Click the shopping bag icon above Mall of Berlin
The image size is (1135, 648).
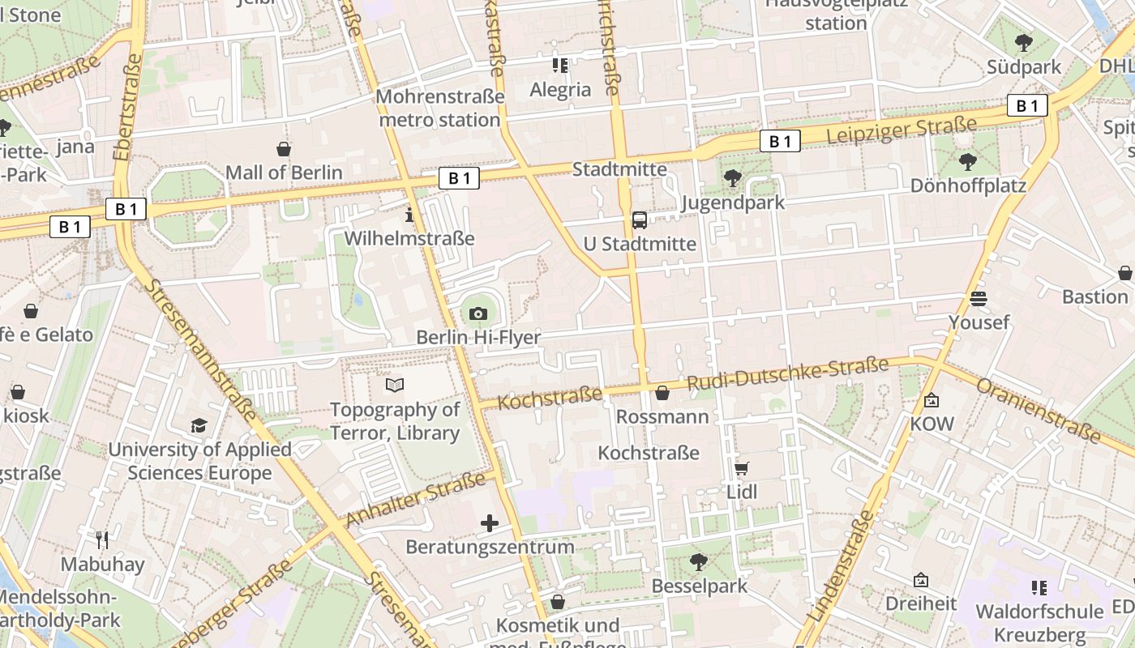(x=284, y=149)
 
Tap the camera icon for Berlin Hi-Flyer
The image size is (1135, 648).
(x=478, y=313)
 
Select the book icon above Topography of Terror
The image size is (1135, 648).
(x=395, y=386)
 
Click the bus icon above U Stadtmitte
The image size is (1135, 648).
(x=640, y=220)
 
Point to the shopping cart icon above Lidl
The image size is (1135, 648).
(x=741, y=468)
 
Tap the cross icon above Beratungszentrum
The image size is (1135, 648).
(x=490, y=523)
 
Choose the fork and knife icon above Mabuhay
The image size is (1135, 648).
(x=102, y=539)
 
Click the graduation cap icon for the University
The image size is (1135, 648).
(x=199, y=425)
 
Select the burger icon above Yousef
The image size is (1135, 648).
(x=979, y=299)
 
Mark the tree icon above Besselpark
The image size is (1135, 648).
(x=698, y=561)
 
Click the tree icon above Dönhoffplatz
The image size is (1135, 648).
(x=967, y=162)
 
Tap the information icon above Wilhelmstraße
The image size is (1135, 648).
(x=409, y=215)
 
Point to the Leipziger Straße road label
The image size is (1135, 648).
(x=902, y=131)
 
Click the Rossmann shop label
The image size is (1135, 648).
(x=662, y=416)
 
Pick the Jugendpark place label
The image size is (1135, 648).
(x=733, y=202)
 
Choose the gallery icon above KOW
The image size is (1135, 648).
(x=932, y=400)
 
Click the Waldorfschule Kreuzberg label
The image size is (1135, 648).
(x=1039, y=622)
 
